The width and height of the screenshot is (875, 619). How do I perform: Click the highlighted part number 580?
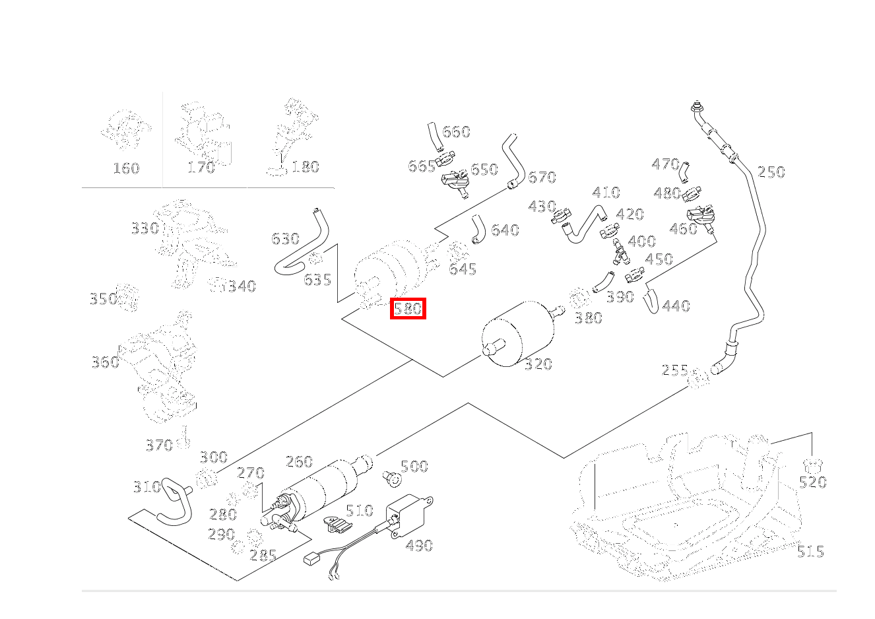[x=408, y=309]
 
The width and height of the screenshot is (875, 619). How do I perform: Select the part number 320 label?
[x=538, y=364]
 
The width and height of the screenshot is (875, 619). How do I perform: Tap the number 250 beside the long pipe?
[x=771, y=172]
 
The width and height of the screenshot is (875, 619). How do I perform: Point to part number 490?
[x=419, y=545]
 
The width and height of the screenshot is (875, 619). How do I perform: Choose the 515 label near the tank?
[x=810, y=552]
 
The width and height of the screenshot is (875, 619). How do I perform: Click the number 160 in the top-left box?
[x=126, y=168]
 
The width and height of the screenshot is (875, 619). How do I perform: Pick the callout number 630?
[x=286, y=239]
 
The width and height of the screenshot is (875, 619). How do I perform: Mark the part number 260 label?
[x=299, y=462]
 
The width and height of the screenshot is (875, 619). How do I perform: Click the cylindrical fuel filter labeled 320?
[x=517, y=334]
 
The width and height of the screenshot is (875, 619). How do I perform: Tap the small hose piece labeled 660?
[x=434, y=137]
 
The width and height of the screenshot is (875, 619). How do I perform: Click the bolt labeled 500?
[x=393, y=479]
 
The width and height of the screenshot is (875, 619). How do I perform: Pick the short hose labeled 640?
[x=478, y=230]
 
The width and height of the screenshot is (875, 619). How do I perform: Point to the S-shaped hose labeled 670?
[x=513, y=162]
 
